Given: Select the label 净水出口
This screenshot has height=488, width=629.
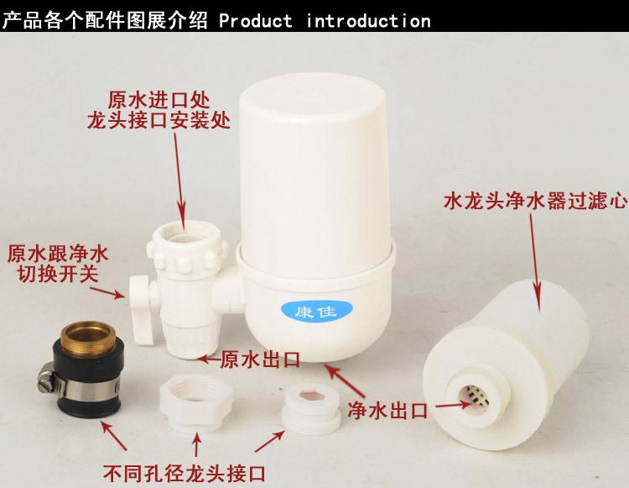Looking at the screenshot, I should click(x=387, y=412).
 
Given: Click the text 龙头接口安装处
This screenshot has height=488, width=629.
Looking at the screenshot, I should click(x=158, y=120).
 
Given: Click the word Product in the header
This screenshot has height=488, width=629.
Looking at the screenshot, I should click(x=257, y=19).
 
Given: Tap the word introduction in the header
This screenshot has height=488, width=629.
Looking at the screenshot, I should click(x=368, y=19).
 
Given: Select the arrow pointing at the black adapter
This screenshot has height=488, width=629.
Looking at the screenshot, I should click(x=110, y=428).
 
